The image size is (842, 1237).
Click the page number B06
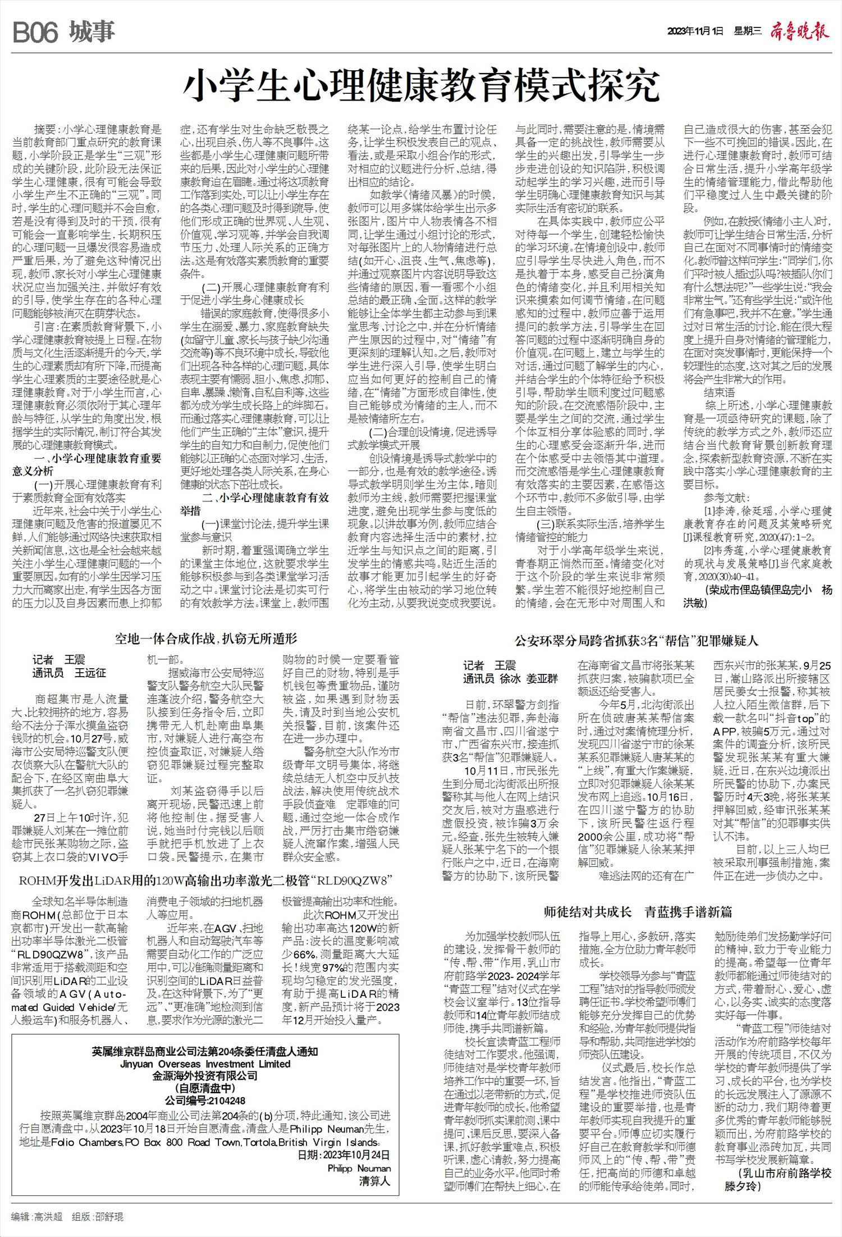[35, 33]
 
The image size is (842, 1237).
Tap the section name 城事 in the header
[93, 32]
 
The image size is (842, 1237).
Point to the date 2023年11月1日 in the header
[695, 31]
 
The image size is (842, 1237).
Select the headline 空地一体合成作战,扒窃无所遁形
[206, 638]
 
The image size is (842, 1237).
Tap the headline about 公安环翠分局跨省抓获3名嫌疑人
[637, 641]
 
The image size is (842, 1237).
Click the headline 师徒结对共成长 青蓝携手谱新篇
[638, 912]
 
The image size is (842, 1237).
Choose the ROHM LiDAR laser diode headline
[205, 880]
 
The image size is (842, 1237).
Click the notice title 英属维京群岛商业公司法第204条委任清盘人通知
[205, 1052]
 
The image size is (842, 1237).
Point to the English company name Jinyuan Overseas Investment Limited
[205, 1064]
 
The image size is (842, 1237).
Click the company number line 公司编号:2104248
[205, 1101]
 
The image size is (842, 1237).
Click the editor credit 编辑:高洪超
[37, 1217]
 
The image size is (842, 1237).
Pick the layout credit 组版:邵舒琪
[98, 1217]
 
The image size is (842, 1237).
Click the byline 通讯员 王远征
[69, 673]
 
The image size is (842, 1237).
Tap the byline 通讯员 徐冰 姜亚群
[510, 679]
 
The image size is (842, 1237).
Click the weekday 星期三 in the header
[747, 31]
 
